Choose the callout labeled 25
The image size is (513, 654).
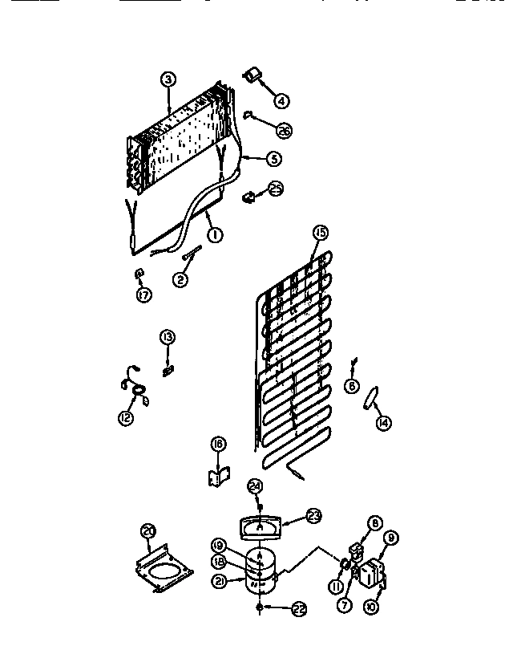274,189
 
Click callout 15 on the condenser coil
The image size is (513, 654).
320,233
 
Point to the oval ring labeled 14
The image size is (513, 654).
370,399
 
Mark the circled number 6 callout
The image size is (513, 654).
351,385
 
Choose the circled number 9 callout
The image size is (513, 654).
392,538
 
